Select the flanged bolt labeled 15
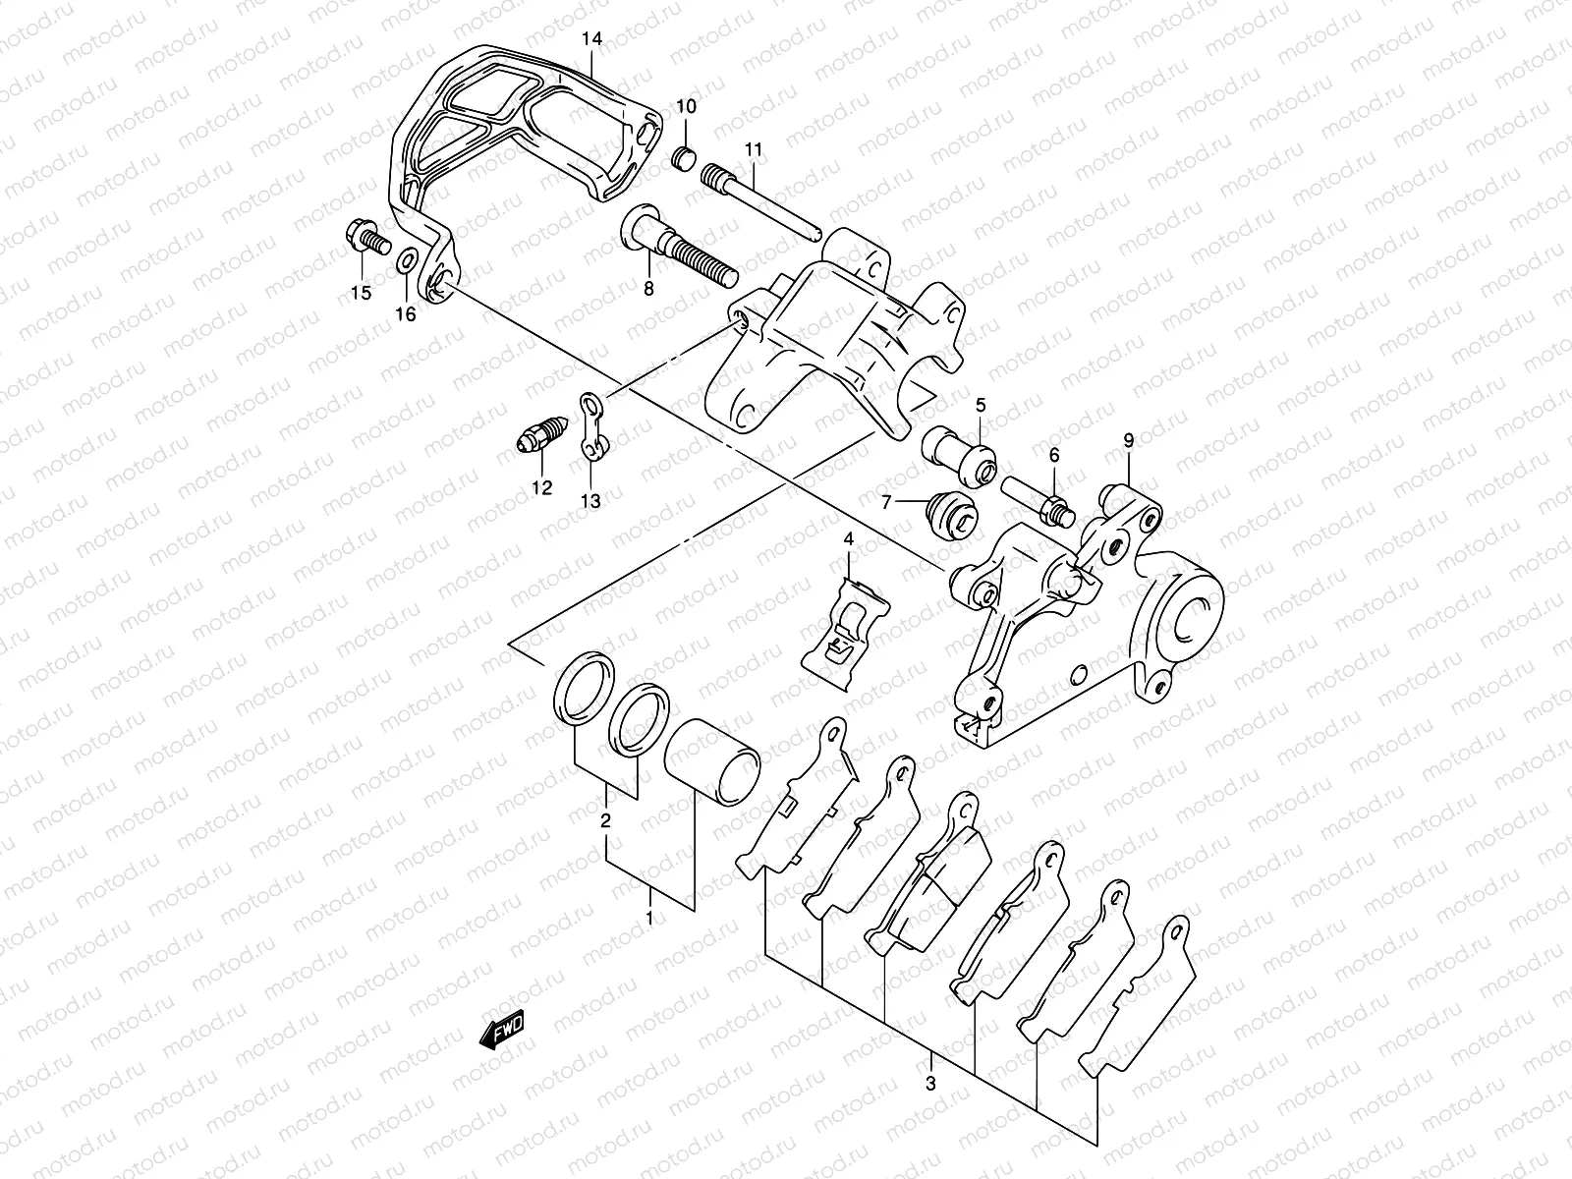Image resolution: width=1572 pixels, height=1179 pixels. [365, 237]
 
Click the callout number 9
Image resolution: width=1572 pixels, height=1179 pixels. [1128, 441]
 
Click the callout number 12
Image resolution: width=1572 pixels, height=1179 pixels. [541, 487]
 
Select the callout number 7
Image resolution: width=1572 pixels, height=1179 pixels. [886, 502]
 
